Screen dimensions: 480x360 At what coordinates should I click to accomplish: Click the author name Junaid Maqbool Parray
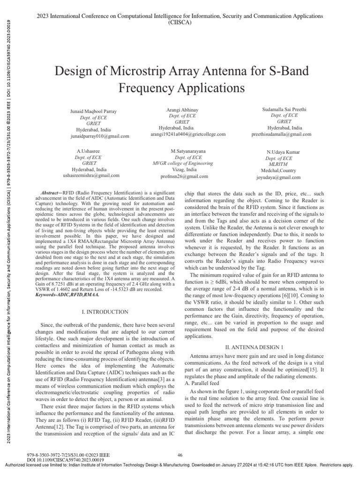pyautogui.click(x=93, y=111)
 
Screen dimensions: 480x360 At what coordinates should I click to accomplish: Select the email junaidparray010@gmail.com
pyautogui.click(x=97, y=135)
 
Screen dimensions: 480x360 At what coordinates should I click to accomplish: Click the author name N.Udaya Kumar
pyautogui.click(x=285, y=153)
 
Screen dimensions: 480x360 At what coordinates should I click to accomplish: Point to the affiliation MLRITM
pyautogui.click(x=285, y=165)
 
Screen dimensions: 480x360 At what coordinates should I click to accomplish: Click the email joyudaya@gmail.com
pyautogui.click(x=285, y=177)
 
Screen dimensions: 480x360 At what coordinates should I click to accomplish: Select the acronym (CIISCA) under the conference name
pyautogui.click(x=180, y=21)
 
